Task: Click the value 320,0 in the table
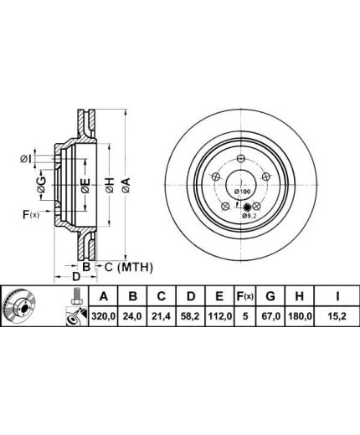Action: tap(104, 316)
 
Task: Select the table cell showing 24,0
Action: tap(132, 316)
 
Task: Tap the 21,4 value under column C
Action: tap(162, 316)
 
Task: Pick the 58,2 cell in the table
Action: tap(191, 316)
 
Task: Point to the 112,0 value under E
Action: tap(219, 316)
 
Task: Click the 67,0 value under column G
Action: tap(270, 316)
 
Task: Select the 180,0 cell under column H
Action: tap(299, 316)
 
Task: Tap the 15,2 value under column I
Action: tap(337, 316)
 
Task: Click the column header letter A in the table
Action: tap(104, 296)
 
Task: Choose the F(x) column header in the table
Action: tap(244, 296)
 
